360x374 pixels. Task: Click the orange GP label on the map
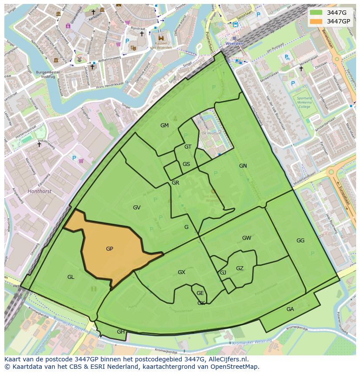(x=110, y=249)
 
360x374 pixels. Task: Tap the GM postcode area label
(x=164, y=126)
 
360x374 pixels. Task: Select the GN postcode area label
(x=243, y=165)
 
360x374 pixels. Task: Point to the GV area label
(x=137, y=208)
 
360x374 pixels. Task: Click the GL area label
(x=71, y=277)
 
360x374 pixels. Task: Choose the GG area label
(x=300, y=241)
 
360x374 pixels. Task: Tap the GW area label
(x=247, y=238)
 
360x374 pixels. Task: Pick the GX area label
(x=181, y=272)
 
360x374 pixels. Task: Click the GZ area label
(x=240, y=268)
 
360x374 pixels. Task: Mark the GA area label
(x=290, y=309)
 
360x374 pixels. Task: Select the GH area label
(x=121, y=332)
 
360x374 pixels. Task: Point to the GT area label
(x=188, y=147)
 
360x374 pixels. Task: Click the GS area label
(x=186, y=164)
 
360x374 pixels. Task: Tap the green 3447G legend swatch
(x=317, y=13)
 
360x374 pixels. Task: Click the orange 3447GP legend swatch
(x=317, y=21)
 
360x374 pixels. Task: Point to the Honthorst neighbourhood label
(x=40, y=191)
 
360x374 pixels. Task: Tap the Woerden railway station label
(x=234, y=44)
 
